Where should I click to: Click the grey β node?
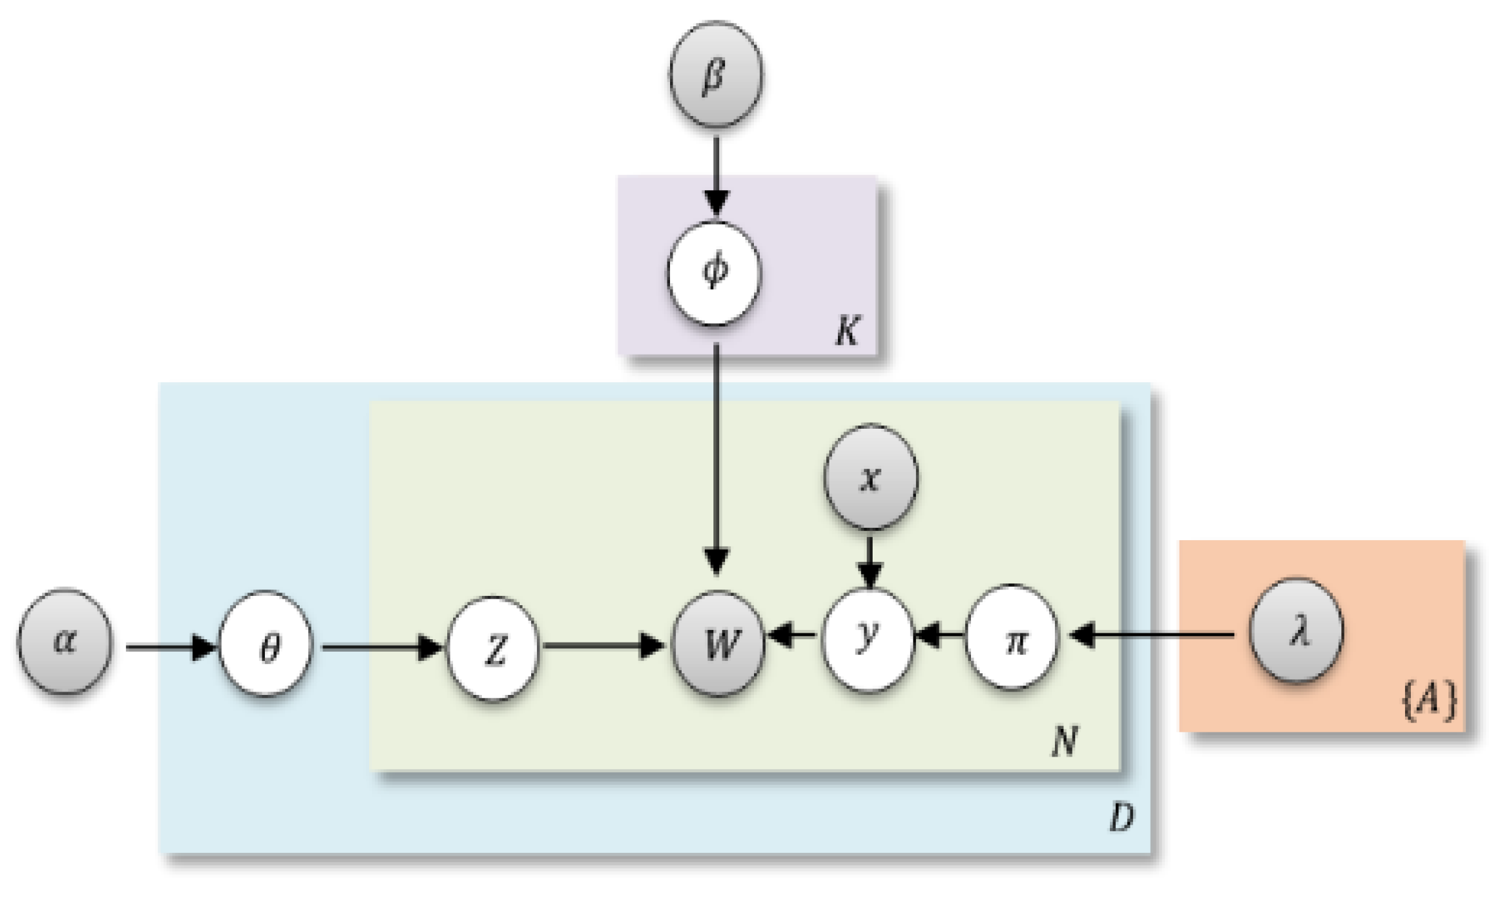tap(715, 74)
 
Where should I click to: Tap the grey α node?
tap(64, 641)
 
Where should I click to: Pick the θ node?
tap(265, 644)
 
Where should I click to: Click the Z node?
tap(493, 648)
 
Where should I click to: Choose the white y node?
tap(867, 637)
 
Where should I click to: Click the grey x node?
tap(870, 477)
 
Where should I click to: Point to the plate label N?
tap(1064, 741)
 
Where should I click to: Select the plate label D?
tap(1121, 818)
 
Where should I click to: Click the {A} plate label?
tap(1429, 701)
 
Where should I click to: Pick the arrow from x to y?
tap(869, 561)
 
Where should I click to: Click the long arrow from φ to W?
tap(716, 459)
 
